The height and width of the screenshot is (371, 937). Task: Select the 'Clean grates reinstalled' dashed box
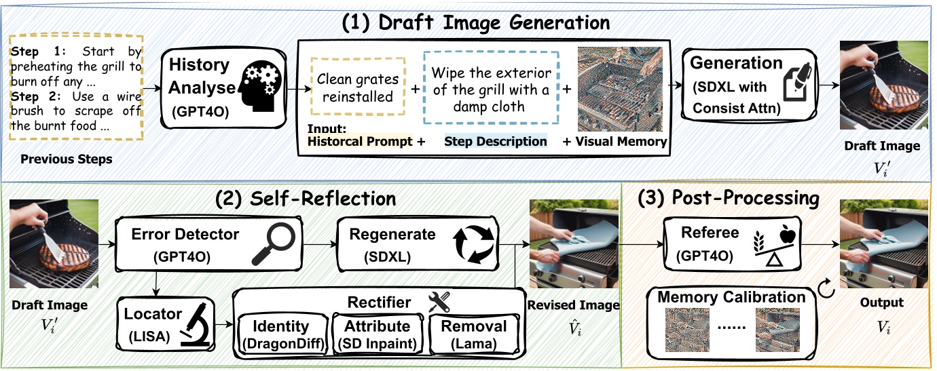[358, 88]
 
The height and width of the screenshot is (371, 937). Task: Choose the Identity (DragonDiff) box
[283, 334]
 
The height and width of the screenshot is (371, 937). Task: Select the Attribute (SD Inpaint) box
[377, 334]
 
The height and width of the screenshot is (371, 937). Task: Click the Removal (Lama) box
[475, 334]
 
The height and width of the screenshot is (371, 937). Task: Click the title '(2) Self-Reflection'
[305, 198]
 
